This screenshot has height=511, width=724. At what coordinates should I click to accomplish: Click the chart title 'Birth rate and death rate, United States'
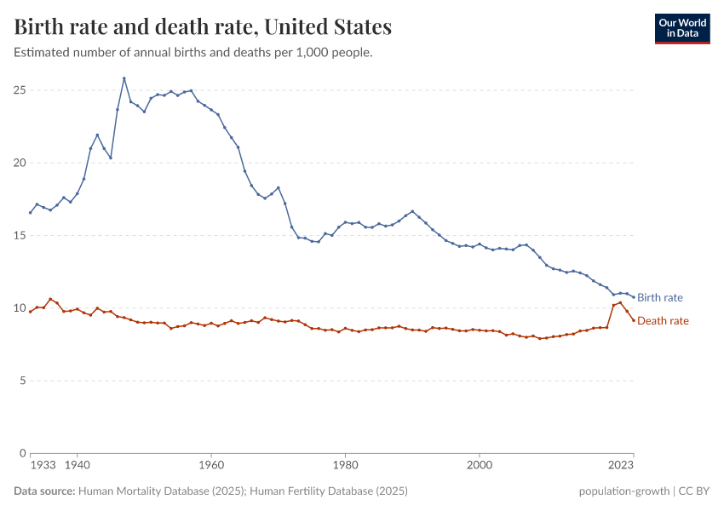click(x=203, y=27)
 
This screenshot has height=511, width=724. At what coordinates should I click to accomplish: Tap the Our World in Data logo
click(x=681, y=28)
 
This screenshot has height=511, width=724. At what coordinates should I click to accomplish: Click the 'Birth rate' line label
click(x=659, y=297)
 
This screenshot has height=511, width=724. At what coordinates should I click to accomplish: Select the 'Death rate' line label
click(x=663, y=321)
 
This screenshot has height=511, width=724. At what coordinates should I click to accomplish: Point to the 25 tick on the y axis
click(x=19, y=90)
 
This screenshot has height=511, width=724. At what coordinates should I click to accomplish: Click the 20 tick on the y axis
click(x=19, y=163)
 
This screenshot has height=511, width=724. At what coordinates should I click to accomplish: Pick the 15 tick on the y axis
click(x=19, y=235)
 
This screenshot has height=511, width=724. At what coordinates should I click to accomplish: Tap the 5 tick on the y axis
click(x=21, y=380)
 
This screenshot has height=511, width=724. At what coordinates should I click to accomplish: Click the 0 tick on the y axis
click(x=21, y=452)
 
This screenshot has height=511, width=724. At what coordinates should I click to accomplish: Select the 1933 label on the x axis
click(x=43, y=466)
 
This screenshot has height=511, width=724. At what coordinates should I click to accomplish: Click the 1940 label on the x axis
click(x=78, y=466)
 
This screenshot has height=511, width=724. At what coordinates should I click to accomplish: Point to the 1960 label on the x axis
click(x=211, y=466)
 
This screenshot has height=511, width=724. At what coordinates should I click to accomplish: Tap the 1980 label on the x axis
click(x=345, y=466)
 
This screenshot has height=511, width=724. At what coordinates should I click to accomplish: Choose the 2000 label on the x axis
click(x=480, y=466)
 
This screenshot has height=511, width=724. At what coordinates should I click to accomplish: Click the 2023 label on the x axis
click(x=621, y=466)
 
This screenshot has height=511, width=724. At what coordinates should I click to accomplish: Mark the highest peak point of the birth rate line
click(x=124, y=78)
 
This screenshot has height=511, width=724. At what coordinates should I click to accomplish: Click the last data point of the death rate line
click(x=634, y=320)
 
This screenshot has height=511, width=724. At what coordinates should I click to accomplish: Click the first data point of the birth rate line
click(x=30, y=213)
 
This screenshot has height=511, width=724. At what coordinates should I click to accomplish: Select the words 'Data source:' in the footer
click(x=43, y=491)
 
